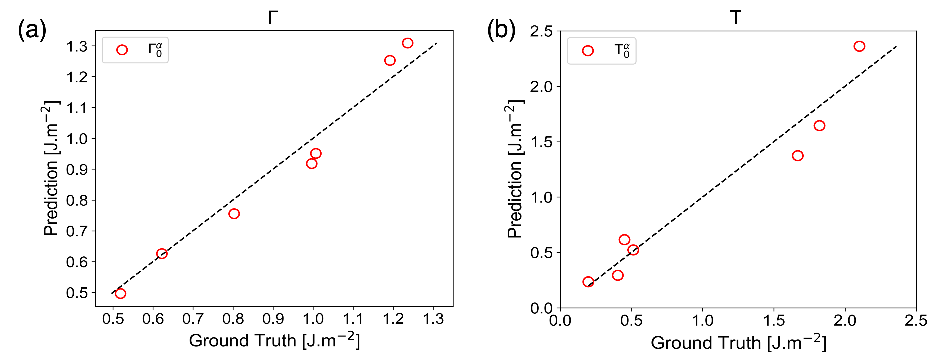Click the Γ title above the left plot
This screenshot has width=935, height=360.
(272, 18)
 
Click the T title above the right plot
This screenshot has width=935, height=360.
(735, 18)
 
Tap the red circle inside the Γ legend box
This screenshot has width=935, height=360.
(122, 50)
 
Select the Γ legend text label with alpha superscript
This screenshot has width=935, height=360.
(155, 50)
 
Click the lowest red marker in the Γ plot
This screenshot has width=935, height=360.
(120, 293)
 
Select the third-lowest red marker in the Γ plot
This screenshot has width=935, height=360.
(234, 214)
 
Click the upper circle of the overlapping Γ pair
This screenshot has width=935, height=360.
(316, 153)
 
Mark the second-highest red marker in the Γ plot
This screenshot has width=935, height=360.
(390, 60)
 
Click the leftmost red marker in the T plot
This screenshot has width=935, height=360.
(588, 282)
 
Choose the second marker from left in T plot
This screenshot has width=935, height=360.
(617, 275)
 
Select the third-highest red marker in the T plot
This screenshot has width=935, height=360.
(797, 156)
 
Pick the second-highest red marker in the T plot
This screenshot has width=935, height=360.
(819, 126)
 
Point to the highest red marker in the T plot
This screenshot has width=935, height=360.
(859, 46)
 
